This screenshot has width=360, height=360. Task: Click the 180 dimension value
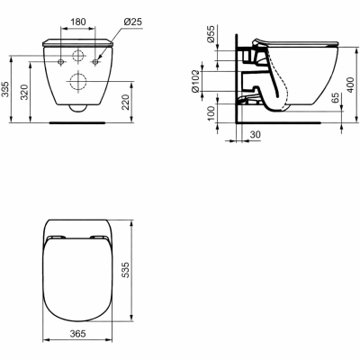click(78, 22)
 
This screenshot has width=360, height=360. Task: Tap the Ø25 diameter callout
click(132, 22)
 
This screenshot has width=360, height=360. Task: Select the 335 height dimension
click(5, 89)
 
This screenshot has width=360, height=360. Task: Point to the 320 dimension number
click(24, 92)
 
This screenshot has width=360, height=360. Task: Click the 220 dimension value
click(126, 102)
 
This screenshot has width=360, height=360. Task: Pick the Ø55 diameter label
click(211, 34)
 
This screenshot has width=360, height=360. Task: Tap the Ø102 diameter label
click(195, 81)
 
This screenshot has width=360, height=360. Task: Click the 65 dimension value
click(336, 98)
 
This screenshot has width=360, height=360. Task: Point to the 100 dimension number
click(211, 113)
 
